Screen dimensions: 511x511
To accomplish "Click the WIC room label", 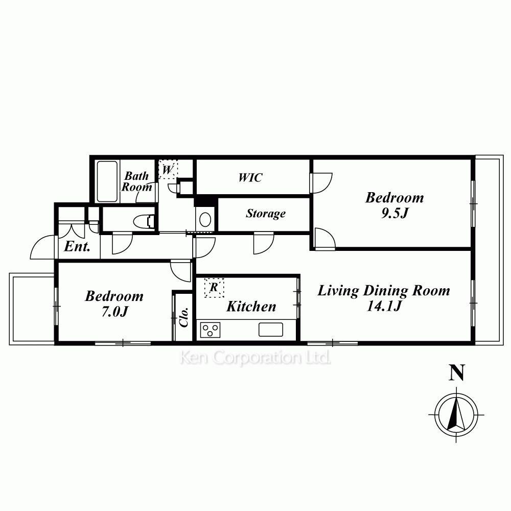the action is coord(250,178).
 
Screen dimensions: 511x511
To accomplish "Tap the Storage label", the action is coord(266,214).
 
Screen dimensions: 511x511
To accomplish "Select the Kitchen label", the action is coord(251,306).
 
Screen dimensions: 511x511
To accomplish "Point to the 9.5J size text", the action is coord(394,213).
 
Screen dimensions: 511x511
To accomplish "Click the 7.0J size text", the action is coord(114,312).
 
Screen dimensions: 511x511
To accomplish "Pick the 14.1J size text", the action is coord(384,306).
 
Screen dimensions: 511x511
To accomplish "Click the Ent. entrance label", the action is coord(77,246).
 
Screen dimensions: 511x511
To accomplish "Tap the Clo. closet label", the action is coord(184,317).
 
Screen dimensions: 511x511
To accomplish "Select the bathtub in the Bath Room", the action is coord(107,181).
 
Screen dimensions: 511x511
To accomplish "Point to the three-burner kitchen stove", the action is coord(210,330).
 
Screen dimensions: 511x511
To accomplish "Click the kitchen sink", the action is coord(270,330).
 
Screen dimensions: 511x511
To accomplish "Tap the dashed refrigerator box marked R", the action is coord(214,287).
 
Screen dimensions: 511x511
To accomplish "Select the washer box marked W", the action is coord(168,169).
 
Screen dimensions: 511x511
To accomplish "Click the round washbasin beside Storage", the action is coord(205,220).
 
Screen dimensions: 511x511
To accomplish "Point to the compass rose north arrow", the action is coord(456,414).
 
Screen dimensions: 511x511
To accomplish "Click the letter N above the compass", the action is coord(456,373).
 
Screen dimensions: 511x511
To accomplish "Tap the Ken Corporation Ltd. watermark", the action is coord(255,358).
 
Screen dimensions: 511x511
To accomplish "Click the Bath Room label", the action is coord(136,181).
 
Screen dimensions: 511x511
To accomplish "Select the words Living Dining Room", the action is coord(384,291).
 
